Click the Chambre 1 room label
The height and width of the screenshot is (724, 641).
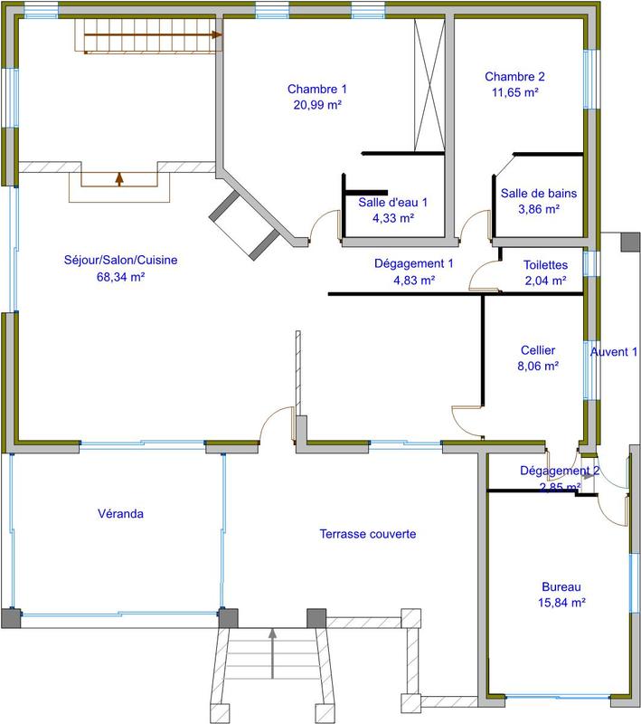(x=317, y=89)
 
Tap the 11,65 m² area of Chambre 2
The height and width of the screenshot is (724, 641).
(x=514, y=92)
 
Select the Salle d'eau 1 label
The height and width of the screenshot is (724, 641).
(x=392, y=203)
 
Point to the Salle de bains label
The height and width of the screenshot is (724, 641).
(x=539, y=193)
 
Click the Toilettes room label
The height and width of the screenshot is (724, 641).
(x=545, y=265)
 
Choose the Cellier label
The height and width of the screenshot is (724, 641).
(x=538, y=350)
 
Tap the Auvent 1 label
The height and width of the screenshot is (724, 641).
(x=614, y=351)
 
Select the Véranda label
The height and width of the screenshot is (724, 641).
(x=120, y=514)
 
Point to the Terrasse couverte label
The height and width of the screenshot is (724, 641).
(x=367, y=534)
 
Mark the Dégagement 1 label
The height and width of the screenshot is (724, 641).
(x=413, y=264)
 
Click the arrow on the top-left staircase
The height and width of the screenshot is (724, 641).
(x=215, y=35)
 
